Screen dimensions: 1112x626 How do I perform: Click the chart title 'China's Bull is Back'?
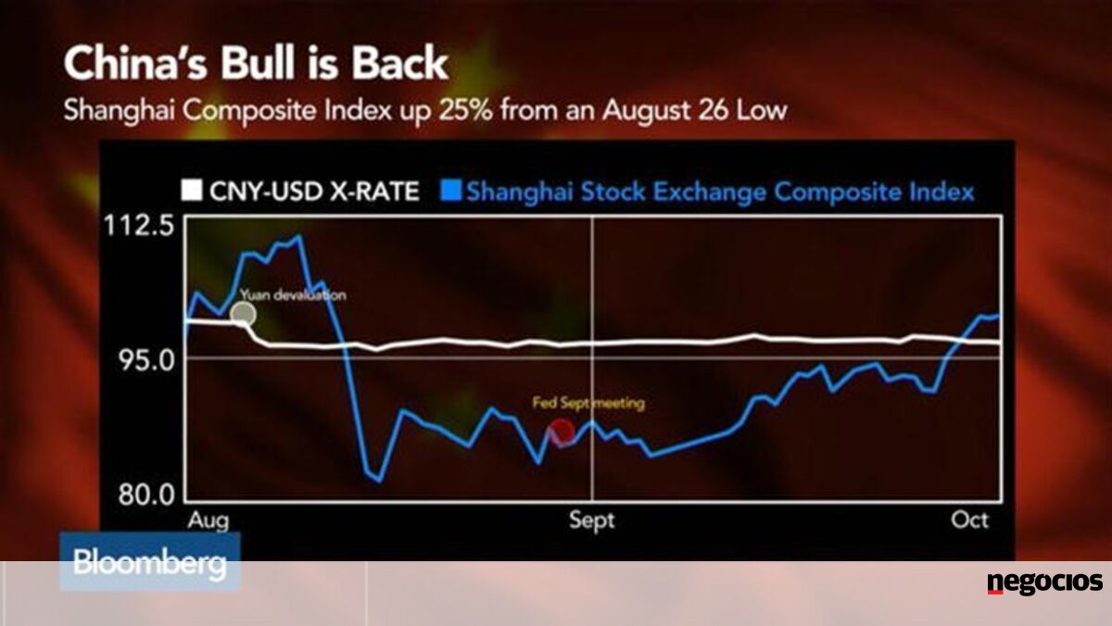click(256, 64)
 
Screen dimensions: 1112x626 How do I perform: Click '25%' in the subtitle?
click(465, 110)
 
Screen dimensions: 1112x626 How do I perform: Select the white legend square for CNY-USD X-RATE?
click(192, 191)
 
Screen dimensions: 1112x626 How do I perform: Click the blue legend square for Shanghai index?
click(450, 191)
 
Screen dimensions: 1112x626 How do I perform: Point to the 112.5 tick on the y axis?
click(139, 226)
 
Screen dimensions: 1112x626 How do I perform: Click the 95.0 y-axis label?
click(146, 360)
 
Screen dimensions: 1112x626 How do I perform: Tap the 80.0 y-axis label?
click(146, 495)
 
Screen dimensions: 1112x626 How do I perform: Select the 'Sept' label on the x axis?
click(592, 520)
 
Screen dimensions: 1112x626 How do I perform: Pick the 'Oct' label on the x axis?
click(969, 520)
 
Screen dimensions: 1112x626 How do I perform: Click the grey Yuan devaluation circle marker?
click(243, 314)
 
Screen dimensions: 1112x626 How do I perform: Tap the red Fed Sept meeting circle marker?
click(562, 432)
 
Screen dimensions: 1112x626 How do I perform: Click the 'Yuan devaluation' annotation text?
click(293, 295)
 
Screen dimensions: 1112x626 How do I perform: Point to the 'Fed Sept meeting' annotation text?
click(588, 403)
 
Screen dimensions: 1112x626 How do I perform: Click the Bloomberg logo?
click(149, 562)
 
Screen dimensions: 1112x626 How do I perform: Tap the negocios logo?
click(1045, 582)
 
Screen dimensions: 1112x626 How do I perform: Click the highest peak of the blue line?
click(297, 236)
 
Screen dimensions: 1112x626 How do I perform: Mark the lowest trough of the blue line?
click(380, 481)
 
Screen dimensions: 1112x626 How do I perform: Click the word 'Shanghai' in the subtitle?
click(120, 111)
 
